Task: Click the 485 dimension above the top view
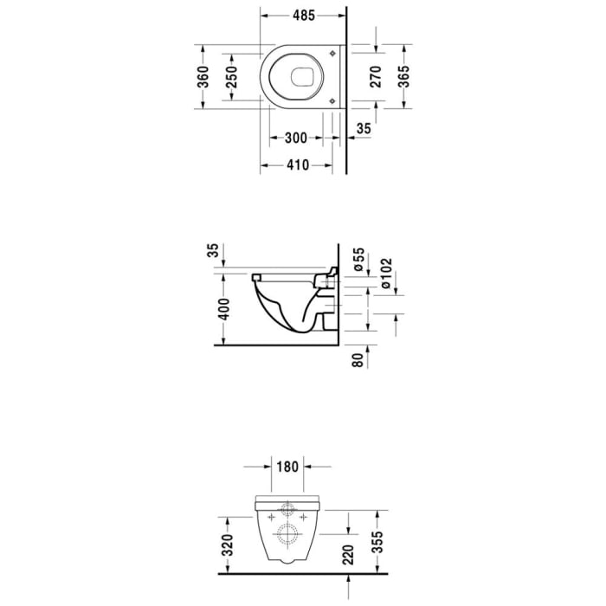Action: (x=302, y=16)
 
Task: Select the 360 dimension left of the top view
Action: (x=203, y=76)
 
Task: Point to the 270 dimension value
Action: (x=376, y=77)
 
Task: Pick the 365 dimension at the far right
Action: (x=403, y=76)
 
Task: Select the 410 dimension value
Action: (x=296, y=165)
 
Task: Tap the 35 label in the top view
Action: (x=364, y=129)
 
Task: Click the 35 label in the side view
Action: (x=214, y=251)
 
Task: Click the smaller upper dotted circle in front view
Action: (x=287, y=511)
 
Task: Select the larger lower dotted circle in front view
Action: (x=287, y=533)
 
